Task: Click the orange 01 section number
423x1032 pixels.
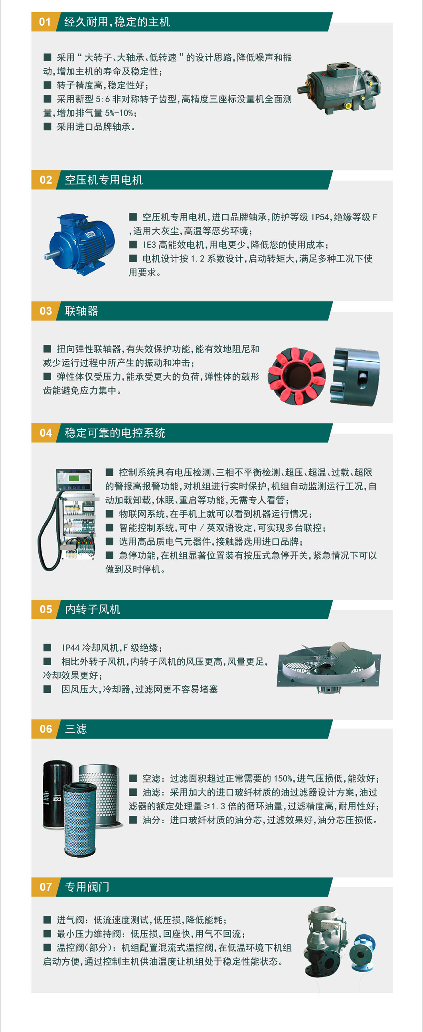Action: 45,22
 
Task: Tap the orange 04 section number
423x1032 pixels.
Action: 45,433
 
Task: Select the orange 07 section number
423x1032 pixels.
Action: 45,887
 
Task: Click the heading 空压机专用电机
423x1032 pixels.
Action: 104,180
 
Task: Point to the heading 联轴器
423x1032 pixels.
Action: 81,311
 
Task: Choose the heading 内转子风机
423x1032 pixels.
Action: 93,609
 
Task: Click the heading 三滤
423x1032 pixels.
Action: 76,729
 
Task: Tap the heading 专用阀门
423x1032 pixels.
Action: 87,887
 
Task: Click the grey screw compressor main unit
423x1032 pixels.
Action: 339,88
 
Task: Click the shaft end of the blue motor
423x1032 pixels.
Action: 49,255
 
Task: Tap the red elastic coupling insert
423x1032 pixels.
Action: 297,376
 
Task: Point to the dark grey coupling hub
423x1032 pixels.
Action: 355,377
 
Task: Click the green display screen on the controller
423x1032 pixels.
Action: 73,478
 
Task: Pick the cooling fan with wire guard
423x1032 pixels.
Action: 328,667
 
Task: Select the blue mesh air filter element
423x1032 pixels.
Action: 80,819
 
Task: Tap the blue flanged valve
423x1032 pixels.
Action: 362,951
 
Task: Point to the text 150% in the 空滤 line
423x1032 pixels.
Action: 283,779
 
